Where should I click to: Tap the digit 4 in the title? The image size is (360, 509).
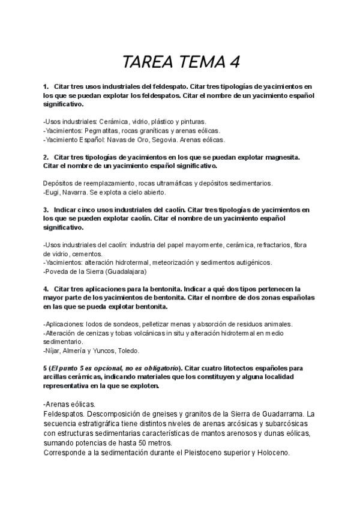point(235,62)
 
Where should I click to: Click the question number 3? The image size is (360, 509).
point(46,209)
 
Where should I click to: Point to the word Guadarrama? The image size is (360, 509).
point(277,414)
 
